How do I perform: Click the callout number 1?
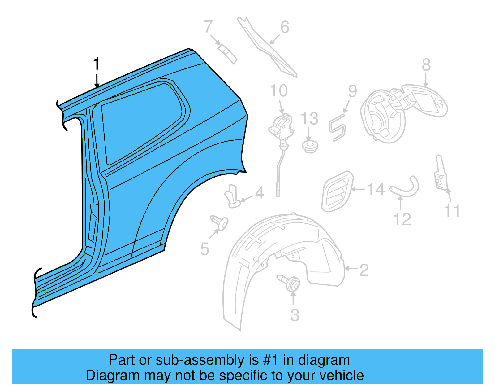tap(97, 64)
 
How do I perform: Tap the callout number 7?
tap(208, 27)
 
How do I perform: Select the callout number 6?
tap(285, 27)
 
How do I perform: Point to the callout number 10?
tap(279, 91)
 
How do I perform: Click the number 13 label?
tap(309, 119)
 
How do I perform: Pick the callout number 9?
tap(352, 91)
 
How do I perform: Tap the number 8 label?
tap(426, 65)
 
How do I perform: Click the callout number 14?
tap(376, 189)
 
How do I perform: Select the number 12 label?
tap(402, 219)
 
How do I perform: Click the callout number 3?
tap(295, 315)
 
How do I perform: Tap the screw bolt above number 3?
tap(289, 282)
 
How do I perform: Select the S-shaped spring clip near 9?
tap(337, 127)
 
